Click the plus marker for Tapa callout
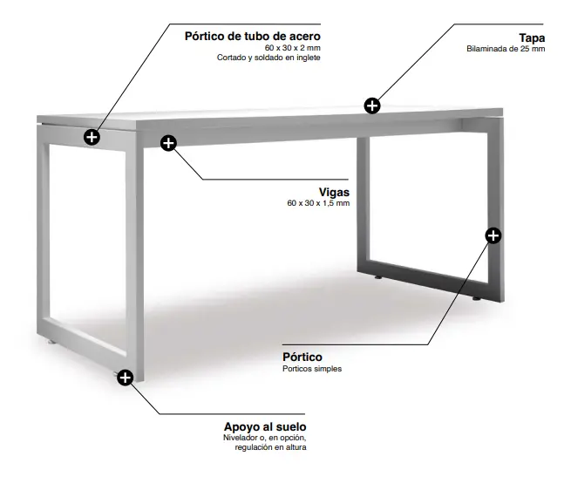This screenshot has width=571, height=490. point(372,106)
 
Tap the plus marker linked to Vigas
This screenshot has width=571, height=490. point(168,143)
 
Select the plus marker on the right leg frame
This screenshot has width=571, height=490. point(493,235)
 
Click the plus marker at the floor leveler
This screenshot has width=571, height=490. point(126,378)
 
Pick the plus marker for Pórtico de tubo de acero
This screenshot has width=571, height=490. point(92,138)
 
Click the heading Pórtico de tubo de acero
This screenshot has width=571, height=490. point(252,37)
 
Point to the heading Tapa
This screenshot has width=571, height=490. point(532,37)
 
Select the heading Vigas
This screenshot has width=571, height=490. point(334,192)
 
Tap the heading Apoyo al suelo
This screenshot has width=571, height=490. point(265,426)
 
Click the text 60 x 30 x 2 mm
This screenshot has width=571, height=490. point(293,48)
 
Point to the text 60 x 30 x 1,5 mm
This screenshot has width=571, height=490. point(318,203)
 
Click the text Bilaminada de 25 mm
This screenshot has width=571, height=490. point(506,49)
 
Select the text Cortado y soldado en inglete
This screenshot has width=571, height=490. point(269,58)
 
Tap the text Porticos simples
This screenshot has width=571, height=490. point(312,369)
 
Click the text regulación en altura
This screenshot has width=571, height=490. point(270,447)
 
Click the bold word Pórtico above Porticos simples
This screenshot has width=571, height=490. point(302,357)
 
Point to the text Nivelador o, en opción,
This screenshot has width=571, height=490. point(265,438)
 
